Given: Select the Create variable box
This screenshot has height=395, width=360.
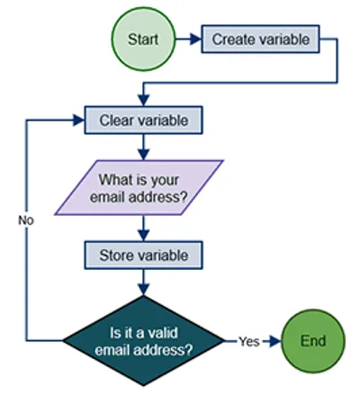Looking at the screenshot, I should (x=260, y=40).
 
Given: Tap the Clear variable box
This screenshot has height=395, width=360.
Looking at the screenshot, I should (x=143, y=119).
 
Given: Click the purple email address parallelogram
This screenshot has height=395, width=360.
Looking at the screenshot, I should (x=144, y=186).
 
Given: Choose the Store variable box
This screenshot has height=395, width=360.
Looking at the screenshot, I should (x=143, y=256).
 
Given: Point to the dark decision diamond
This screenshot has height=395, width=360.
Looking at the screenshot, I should (x=143, y=341).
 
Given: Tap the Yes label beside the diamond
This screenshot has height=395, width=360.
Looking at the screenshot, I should (x=249, y=342).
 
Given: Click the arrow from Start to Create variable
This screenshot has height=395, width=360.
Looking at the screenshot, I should (x=187, y=40).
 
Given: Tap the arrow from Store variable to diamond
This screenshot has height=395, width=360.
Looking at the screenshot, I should (x=143, y=282).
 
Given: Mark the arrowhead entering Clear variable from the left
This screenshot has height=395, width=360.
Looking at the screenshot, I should (x=79, y=119).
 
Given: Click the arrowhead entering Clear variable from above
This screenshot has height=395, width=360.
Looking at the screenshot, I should (x=143, y=102).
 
